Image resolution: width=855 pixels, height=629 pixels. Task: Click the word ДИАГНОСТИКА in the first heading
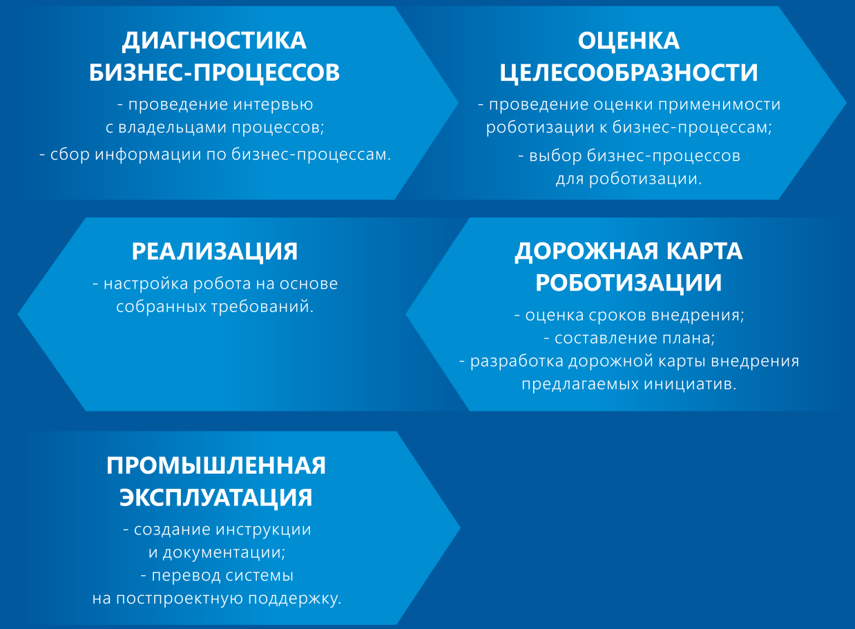click(x=214, y=41)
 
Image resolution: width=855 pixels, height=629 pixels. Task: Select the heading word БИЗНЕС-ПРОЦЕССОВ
click(x=215, y=72)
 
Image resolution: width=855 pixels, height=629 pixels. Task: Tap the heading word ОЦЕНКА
click(x=628, y=41)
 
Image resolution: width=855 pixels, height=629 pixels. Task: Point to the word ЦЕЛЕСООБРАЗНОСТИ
click(x=628, y=73)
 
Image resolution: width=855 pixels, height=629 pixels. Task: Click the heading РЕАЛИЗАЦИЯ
click(x=215, y=251)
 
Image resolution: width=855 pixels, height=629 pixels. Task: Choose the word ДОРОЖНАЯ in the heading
click(x=586, y=252)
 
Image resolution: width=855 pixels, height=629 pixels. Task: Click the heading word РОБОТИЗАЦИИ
click(x=628, y=283)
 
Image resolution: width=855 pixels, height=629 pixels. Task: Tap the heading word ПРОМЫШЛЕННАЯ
click(x=216, y=465)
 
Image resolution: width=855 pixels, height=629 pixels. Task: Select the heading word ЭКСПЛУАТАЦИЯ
click(x=216, y=498)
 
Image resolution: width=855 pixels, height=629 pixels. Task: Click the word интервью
click(x=273, y=104)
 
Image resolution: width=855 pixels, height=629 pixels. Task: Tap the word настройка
click(x=146, y=284)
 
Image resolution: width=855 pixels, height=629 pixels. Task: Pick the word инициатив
click(x=690, y=385)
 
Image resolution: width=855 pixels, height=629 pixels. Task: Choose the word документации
click(x=224, y=553)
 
